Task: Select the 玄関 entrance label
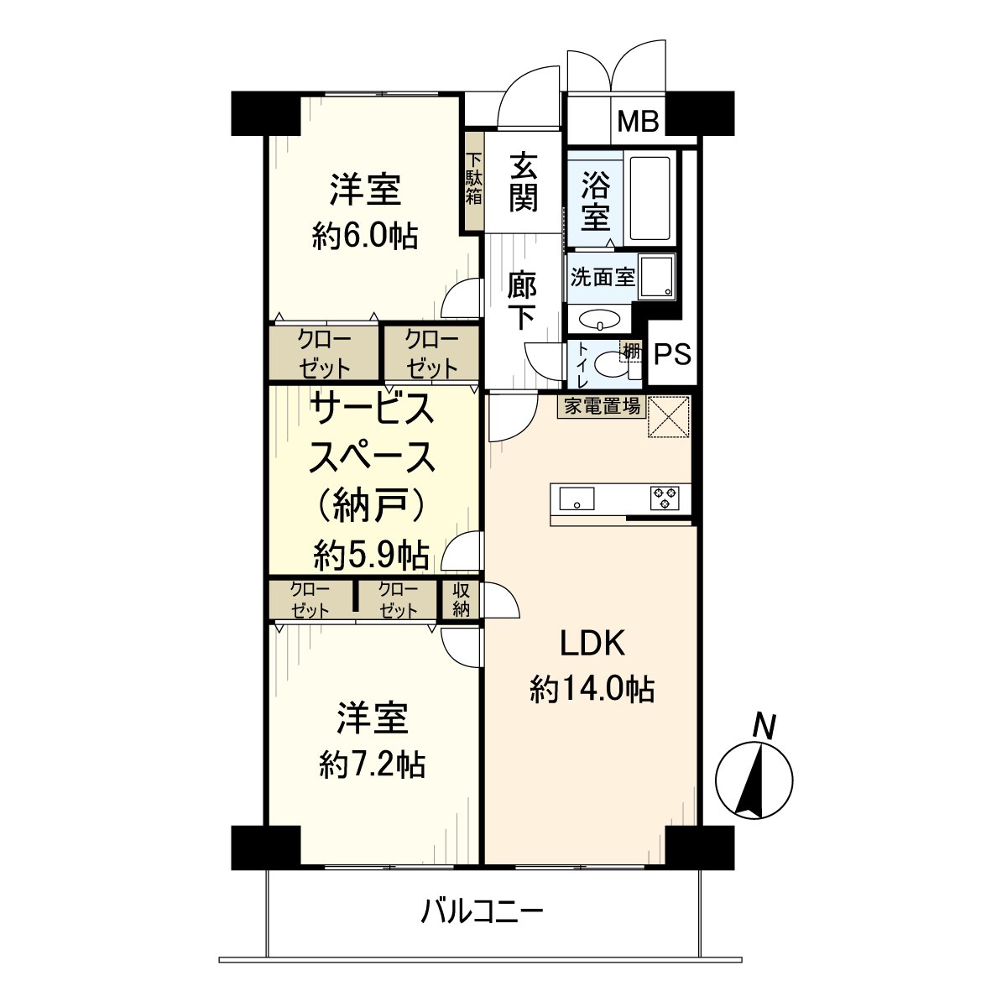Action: point(523,182)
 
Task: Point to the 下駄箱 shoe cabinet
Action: point(474,180)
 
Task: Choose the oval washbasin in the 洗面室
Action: point(600,321)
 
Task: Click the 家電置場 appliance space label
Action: point(602,407)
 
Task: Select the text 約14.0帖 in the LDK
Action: point(592,689)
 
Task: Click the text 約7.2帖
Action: point(372,764)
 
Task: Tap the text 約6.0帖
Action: point(364,237)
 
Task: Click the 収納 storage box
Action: point(461,600)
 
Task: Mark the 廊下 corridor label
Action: point(522,300)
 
